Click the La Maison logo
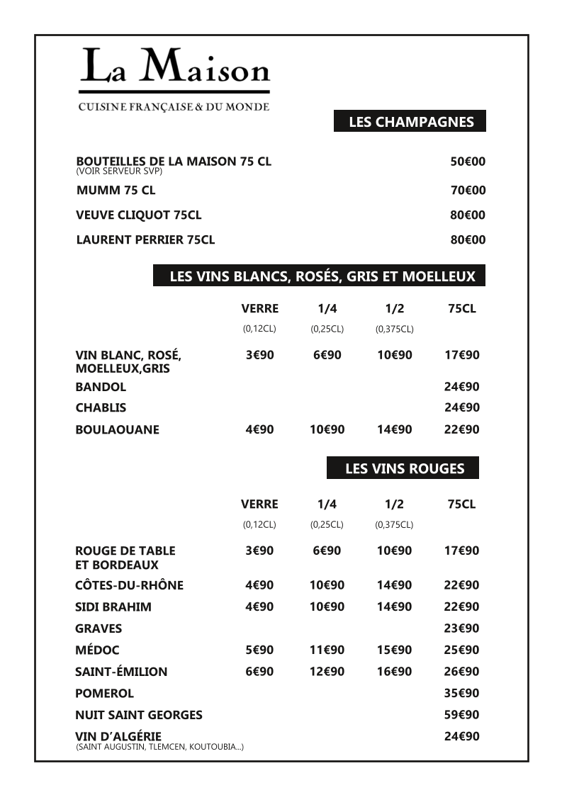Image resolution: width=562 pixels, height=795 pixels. pos(174,78)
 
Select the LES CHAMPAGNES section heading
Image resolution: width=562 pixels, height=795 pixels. pos(410,122)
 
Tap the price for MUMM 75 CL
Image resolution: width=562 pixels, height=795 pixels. pos(468,190)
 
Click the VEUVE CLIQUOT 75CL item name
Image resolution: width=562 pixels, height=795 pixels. pos(139,215)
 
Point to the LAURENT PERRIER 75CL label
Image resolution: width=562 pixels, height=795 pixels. pos(145,239)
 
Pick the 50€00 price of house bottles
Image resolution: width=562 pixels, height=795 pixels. pos(468,162)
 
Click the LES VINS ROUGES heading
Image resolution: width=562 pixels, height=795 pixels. pos(404,468)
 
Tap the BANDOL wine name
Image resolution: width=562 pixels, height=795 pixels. pos(101,387)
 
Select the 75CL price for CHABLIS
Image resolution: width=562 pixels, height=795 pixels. pos(461,407)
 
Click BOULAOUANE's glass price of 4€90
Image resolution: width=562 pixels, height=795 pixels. pos(259,429)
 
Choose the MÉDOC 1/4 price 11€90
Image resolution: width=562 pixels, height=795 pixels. pos(327,650)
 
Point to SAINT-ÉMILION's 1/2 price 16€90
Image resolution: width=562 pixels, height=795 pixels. pos(394,671)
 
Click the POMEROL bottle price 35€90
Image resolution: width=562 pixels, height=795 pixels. pos(461,693)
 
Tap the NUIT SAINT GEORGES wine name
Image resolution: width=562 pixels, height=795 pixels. pos(139,715)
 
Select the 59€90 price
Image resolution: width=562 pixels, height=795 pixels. pos(461,715)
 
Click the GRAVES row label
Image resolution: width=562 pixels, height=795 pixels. pos(99,628)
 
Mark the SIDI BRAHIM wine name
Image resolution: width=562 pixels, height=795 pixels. pos(113,607)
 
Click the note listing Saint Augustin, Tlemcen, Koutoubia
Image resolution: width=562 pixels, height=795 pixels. pos(159,747)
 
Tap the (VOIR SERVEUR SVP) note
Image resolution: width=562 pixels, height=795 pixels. pos(119,171)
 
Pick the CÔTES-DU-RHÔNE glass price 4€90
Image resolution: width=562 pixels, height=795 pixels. pos(259,585)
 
